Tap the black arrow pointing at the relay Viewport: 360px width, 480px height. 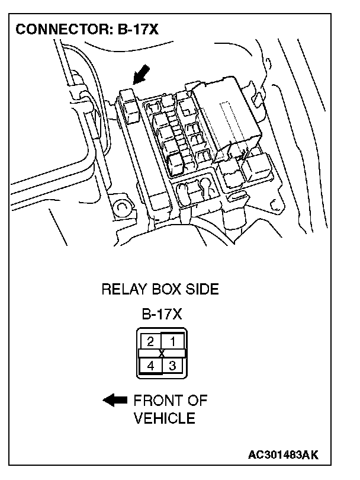click(x=140, y=74)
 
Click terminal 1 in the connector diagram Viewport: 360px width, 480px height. click(x=173, y=341)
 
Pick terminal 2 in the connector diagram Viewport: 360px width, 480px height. click(x=150, y=341)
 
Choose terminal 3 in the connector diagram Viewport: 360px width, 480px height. click(x=173, y=366)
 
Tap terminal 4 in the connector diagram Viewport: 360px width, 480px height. click(x=150, y=366)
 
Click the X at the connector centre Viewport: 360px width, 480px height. click(x=162, y=353)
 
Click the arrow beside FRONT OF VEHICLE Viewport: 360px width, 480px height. click(x=115, y=401)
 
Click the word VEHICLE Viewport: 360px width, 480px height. click(x=164, y=418)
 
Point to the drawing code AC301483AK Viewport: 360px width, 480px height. click(x=284, y=455)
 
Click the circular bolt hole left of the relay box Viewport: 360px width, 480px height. click(x=123, y=207)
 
